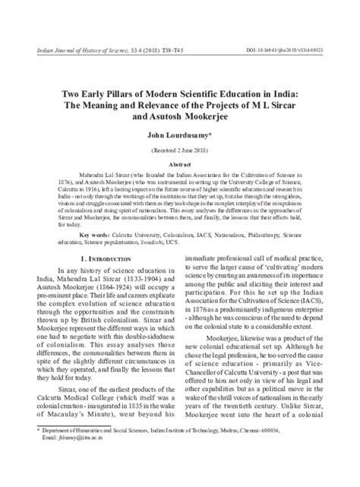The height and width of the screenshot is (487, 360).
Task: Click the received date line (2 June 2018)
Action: tap(179, 151)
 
